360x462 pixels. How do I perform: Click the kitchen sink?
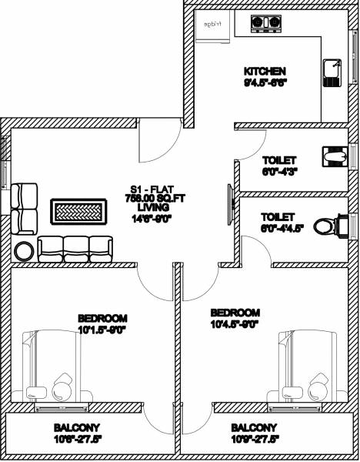(332, 72)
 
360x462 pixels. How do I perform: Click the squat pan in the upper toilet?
(334, 157)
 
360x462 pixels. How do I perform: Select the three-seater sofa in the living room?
(75, 247)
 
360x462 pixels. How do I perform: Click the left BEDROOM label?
(102, 318)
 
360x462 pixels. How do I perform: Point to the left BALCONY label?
(77, 427)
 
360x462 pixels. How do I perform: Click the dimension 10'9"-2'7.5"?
(254, 438)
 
